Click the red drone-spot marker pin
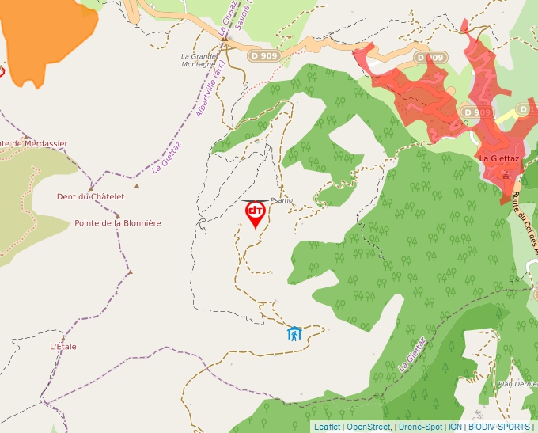256,213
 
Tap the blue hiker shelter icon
294,333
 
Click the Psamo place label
281,200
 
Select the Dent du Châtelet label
91,196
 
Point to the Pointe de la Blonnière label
118,223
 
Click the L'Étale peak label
63,346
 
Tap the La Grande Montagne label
199,61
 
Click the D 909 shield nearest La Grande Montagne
263,56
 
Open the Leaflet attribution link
327,427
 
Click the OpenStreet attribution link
369,427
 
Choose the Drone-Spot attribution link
420,427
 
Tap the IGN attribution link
455,427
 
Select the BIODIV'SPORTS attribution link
499,427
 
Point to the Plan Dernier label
517,384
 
